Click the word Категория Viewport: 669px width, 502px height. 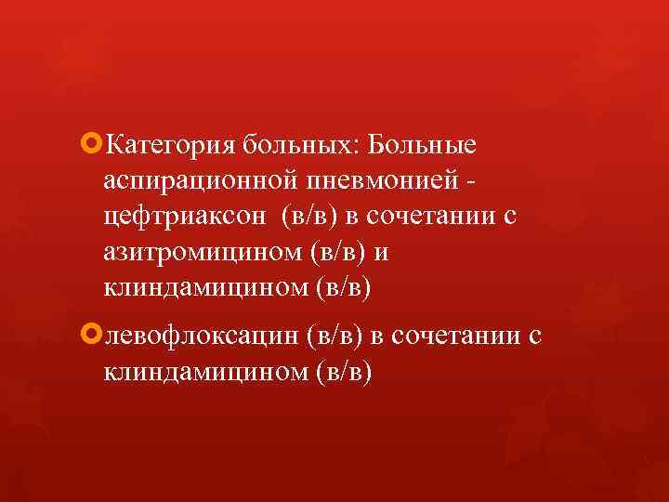tap(172, 146)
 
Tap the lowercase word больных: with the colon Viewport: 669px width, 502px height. tap(304, 146)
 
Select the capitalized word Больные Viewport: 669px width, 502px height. tap(423, 146)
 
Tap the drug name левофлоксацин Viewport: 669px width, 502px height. tap(202, 336)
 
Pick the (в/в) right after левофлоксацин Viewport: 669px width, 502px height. tap(334, 336)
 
